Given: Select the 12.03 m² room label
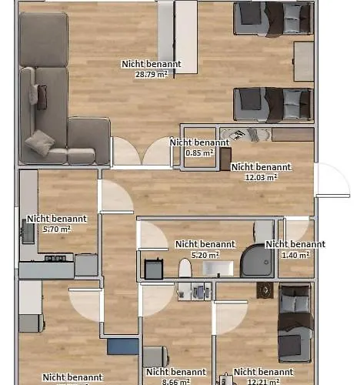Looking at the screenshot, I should point(261,176).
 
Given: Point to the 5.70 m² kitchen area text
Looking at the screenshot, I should point(56,229).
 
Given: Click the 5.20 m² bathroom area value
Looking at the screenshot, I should point(205,255).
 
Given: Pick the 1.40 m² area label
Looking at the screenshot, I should point(295,254).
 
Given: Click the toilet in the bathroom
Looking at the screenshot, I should point(184,268).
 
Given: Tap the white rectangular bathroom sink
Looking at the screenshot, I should point(218,269).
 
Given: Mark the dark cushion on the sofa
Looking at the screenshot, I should point(42,96).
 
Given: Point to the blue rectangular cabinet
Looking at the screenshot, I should point(122,346).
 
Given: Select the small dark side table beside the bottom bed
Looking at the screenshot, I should point(265,290).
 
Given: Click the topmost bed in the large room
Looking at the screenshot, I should point(273,17).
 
